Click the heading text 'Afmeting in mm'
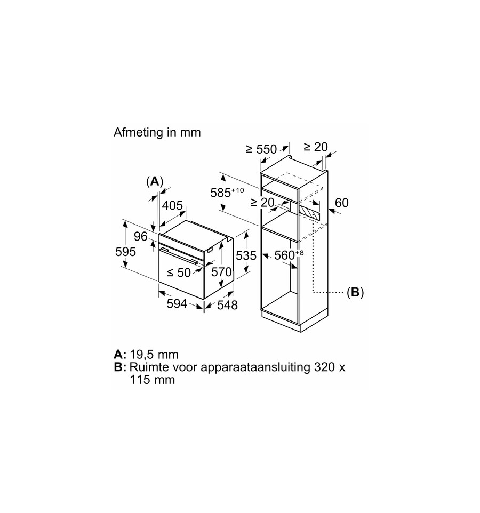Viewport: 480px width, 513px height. [157, 132]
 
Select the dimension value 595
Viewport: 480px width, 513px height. [126, 252]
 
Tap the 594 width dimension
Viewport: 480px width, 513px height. [177, 304]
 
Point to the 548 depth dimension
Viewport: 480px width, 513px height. [227, 305]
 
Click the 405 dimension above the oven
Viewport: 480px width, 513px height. [172, 205]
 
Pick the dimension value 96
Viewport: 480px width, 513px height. [141, 236]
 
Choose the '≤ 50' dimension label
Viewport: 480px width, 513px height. [179, 272]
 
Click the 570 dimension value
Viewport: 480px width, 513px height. [221, 272]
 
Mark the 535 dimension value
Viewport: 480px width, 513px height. [246, 255]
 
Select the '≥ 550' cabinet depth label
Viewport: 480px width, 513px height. [261, 149]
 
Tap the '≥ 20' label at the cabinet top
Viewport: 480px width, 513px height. [316, 147]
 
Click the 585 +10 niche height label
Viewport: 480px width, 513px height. [227, 192]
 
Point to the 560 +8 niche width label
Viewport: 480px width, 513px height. [289, 255]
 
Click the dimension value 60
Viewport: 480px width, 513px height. [341, 203]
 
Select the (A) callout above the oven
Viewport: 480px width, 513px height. [155, 181]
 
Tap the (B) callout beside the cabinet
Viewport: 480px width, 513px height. [355, 292]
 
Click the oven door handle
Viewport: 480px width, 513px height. [178, 255]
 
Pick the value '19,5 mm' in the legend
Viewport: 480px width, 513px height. [154, 354]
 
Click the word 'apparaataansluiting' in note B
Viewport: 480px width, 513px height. [255, 367]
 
